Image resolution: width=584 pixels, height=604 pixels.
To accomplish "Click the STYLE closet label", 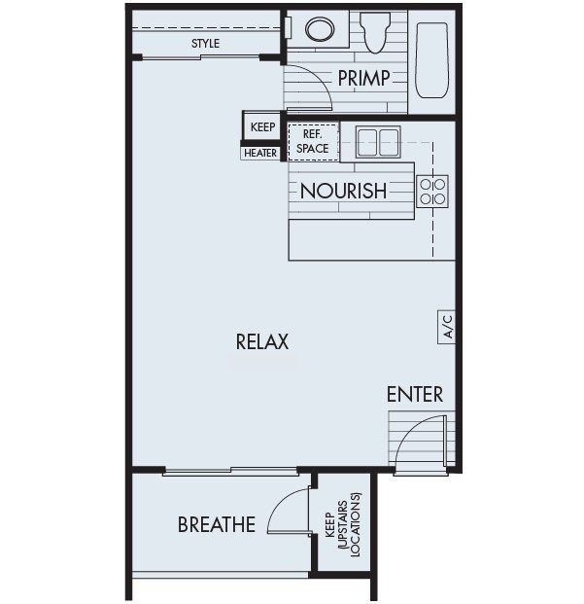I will tap(205, 44).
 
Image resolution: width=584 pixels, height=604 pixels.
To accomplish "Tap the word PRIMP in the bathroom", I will tap(363, 78).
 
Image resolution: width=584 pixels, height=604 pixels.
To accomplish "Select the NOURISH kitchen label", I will tap(342, 191).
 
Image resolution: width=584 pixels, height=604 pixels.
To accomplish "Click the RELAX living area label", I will tap(262, 342).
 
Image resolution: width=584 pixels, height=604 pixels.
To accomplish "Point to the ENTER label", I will tap(415, 394).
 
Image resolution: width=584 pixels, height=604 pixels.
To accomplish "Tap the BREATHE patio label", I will tap(216, 525).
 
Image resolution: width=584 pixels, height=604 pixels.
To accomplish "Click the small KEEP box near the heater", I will tap(262, 126).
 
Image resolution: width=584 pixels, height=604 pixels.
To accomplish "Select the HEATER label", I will tap(260, 153).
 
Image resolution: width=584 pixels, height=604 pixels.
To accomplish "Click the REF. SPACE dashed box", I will tap(313, 142).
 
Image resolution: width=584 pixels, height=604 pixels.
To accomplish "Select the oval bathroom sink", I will tap(319, 29).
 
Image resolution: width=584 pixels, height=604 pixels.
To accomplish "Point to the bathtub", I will tap(430, 60).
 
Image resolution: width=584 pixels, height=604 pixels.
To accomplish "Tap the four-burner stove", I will tap(432, 191).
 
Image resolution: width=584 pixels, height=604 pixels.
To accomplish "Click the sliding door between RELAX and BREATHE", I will tap(231, 472).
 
